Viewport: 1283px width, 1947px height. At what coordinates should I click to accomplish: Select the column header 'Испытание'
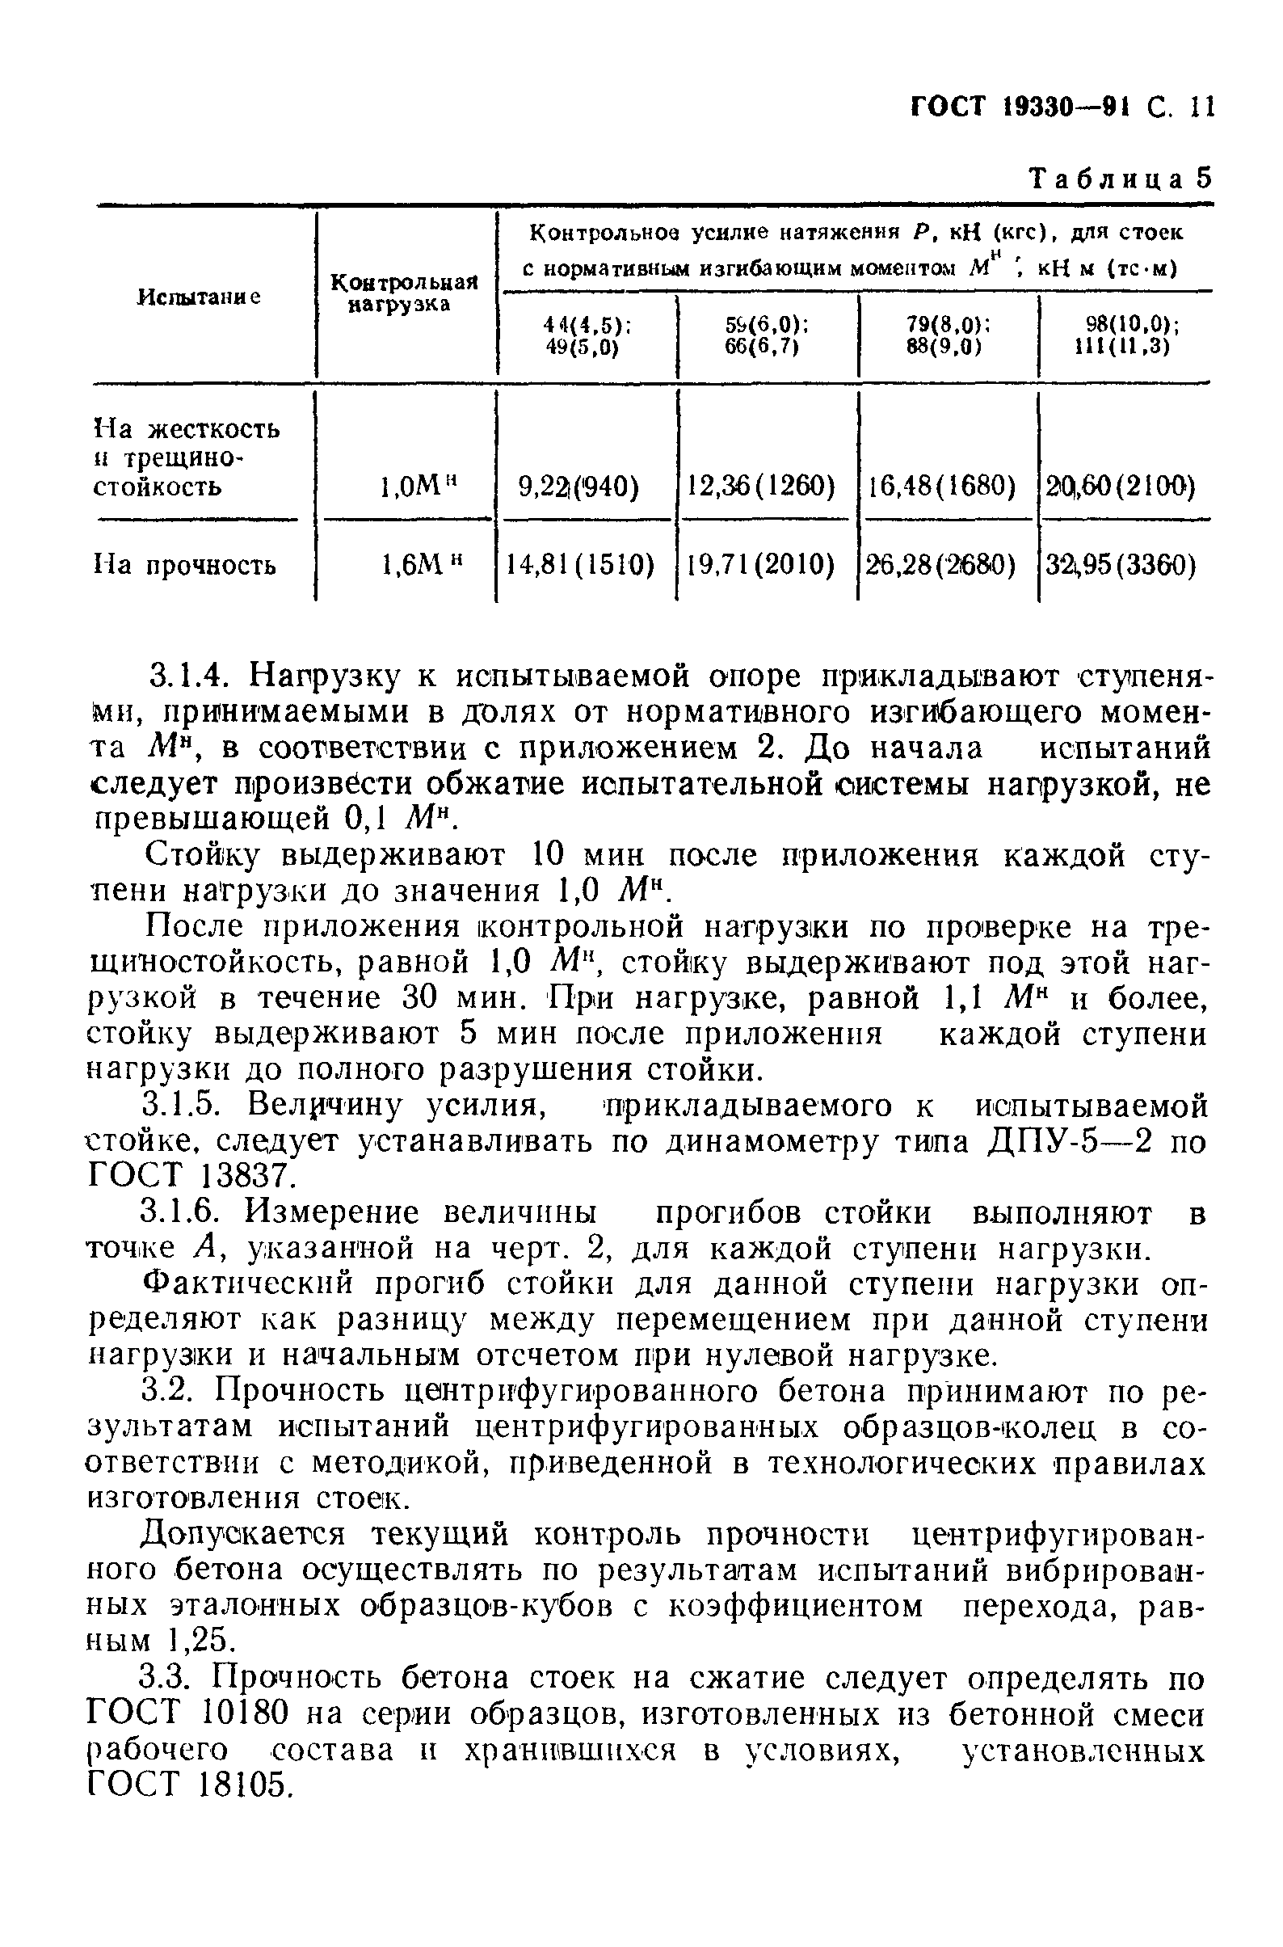tap(200, 297)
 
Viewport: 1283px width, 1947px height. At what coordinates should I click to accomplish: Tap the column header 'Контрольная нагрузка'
tap(403, 294)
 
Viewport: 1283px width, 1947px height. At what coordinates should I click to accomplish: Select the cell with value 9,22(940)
tap(579, 487)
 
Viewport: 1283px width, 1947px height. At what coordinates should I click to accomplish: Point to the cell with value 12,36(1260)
tap(761, 487)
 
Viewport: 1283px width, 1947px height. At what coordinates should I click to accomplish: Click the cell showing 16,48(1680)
tap(942, 487)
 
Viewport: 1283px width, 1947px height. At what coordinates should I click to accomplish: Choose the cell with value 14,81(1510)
tap(579, 564)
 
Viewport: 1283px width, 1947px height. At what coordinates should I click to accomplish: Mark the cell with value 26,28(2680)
tap(942, 564)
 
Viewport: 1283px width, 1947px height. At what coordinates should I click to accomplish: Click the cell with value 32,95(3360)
tap(1121, 564)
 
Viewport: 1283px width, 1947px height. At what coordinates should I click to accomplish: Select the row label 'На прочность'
tap(187, 565)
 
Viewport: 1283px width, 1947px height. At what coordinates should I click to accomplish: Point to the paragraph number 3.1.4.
tap(191, 676)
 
